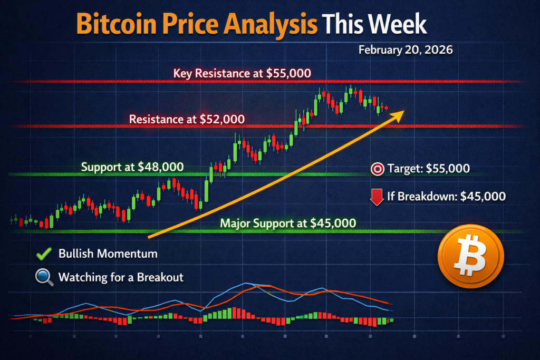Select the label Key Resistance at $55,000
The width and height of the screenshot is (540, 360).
[242, 73]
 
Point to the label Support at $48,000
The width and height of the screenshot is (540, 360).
[132, 168]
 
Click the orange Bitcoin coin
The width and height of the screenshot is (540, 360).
[471, 256]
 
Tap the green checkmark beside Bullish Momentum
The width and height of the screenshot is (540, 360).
[43, 254]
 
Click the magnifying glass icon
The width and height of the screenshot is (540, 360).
[43, 277]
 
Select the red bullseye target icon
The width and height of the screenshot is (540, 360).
[377, 169]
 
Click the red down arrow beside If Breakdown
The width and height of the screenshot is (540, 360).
[377, 197]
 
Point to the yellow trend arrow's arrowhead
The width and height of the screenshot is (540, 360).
[399, 114]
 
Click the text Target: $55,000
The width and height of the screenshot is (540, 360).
[428, 169]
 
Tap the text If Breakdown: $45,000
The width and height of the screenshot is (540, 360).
[446, 197]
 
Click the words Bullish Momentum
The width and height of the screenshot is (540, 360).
[108, 254]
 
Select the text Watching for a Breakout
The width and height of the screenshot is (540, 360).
[121, 277]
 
